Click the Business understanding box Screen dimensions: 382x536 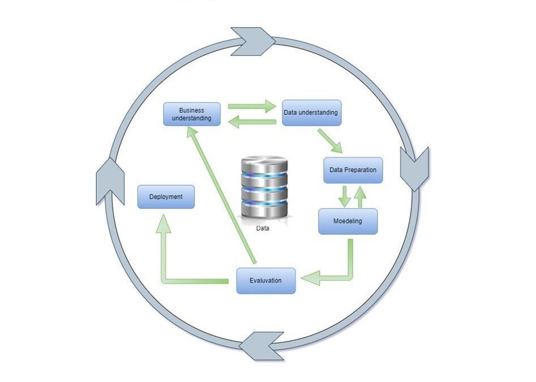[191, 114]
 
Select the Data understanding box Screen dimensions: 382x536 [310, 113]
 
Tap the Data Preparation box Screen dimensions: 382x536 [353, 170]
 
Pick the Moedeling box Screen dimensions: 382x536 [348, 221]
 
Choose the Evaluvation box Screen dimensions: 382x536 [265, 280]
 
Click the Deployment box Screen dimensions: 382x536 [166, 197]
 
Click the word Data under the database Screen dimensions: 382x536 [263, 229]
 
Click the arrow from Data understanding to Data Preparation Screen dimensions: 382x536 [330, 141]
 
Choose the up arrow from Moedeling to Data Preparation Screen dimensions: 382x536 [359, 196]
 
